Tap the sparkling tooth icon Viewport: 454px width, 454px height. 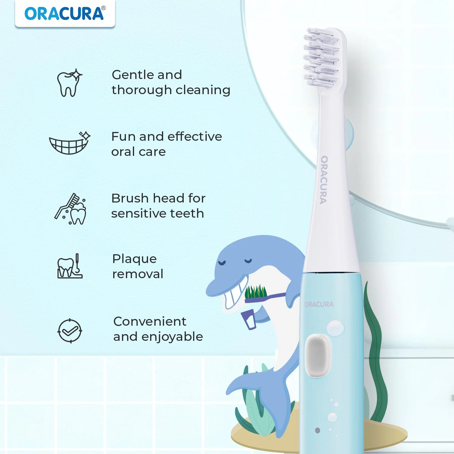[x=70, y=83]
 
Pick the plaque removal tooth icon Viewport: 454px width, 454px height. [x=70, y=266]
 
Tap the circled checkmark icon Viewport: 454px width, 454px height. [x=70, y=331]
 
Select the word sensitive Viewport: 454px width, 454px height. [x=140, y=214]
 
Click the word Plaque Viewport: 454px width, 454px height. [x=134, y=259]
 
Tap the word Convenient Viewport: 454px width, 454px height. [x=150, y=321]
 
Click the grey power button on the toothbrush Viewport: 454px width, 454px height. [x=317, y=356]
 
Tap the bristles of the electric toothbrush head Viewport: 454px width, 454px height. [x=321, y=58]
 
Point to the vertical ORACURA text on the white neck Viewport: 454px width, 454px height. [x=324, y=180]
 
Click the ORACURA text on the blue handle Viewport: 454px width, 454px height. [x=319, y=304]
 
